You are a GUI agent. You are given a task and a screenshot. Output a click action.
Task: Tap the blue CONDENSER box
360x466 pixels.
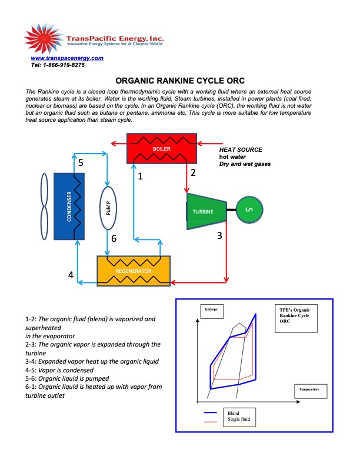(x=70, y=206)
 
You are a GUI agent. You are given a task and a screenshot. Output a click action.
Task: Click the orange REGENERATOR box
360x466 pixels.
(x=134, y=270)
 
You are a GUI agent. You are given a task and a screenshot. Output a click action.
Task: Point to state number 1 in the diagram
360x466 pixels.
(x=140, y=175)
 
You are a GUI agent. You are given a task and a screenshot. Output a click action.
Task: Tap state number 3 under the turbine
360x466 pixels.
(x=219, y=236)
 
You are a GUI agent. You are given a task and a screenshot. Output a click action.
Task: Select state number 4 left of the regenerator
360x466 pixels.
(x=71, y=275)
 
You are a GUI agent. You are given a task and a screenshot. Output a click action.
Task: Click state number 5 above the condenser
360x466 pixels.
(x=81, y=162)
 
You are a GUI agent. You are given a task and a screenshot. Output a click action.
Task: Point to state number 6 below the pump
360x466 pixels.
(x=114, y=238)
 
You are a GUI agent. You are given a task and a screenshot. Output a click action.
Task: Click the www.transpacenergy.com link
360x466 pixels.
(x=66, y=58)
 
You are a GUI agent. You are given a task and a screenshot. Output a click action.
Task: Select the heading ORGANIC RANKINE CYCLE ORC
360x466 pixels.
(x=179, y=81)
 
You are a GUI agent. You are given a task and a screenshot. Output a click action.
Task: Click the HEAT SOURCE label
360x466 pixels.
(x=241, y=150)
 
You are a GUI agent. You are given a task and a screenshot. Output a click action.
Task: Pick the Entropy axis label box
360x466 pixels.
(x=211, y=309)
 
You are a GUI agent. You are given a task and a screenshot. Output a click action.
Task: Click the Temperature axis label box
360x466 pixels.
(x=308, y=390)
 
